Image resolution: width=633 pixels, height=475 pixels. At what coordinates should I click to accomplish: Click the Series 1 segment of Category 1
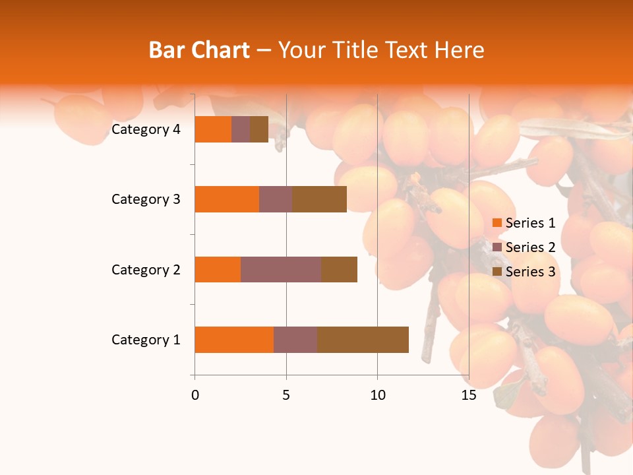(x=234, y=339)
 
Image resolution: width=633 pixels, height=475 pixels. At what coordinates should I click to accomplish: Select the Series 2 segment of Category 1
(x=295, y=339)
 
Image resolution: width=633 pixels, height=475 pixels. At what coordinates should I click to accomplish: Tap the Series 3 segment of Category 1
(x=363, y=339)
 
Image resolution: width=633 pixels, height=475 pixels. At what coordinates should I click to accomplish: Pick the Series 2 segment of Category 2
(x=281, y=269)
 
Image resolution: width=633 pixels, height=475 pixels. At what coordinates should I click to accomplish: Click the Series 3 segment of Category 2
(x=339, y=269)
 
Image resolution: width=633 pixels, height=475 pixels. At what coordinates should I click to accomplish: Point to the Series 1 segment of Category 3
(x=227, y=199)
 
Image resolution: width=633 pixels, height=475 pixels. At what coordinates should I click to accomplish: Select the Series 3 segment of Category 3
(x=319, y=199)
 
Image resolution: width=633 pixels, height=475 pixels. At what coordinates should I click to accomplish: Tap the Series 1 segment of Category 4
(x=213, y=129)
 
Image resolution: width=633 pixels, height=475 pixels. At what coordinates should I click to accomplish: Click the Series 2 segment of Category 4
(x=241, y=129)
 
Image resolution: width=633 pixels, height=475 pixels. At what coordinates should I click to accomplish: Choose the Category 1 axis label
(x=146, y=340)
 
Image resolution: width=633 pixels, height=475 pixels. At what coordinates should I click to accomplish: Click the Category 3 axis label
(x=146, y=199)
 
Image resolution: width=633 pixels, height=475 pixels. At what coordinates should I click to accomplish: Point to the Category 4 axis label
(x=146, y=129)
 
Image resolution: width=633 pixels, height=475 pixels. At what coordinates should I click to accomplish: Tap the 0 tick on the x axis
(x=195, y=395)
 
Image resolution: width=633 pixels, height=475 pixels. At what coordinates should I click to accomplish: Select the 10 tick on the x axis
(x=377, y=395)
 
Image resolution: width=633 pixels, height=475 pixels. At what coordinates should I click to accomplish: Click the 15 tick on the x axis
(x=468, y=395)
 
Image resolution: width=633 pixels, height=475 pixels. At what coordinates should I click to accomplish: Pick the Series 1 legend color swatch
(x=497, y=223)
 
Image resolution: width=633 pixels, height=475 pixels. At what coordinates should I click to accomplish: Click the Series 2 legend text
(x=530, y=247)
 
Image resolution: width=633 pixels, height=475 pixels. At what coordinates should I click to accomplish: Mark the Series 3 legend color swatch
(x=497, y=272)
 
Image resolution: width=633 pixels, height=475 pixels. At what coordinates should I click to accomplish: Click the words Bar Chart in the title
(x=199, y=50)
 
